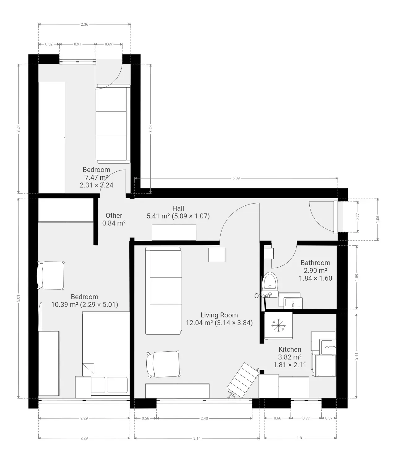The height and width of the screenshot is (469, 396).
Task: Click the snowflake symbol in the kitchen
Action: tap(278, 325)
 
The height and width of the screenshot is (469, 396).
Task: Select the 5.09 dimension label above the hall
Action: tap(236, 178)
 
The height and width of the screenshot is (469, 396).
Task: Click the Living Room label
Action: tap(219, 315)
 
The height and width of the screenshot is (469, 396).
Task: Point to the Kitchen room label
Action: tap(290, 349)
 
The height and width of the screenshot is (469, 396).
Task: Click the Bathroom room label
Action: tap(315, 263)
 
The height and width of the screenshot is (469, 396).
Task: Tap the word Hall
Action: tap(178, 208)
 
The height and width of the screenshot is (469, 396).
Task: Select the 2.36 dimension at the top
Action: tap(84, 24)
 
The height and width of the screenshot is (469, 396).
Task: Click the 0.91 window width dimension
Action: tap(77, 44)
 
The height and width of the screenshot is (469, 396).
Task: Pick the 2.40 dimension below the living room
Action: tap(204, 418)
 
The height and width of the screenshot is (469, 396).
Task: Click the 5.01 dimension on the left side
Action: tap(19, 298)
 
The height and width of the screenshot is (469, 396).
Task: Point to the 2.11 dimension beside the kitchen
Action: tap(356, 356)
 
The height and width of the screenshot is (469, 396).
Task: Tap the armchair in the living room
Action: tap(163, 364)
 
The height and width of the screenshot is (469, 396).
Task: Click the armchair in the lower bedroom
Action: tap(51, 275)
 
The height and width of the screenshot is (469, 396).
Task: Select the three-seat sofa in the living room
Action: tap(164, 291)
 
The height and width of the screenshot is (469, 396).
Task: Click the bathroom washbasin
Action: tap(293, 303)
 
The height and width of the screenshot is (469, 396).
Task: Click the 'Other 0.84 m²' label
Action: tap(114, 219)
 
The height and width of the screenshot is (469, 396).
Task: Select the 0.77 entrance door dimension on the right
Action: tap(358, 217)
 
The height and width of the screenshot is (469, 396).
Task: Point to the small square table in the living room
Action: tap(217, 255)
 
